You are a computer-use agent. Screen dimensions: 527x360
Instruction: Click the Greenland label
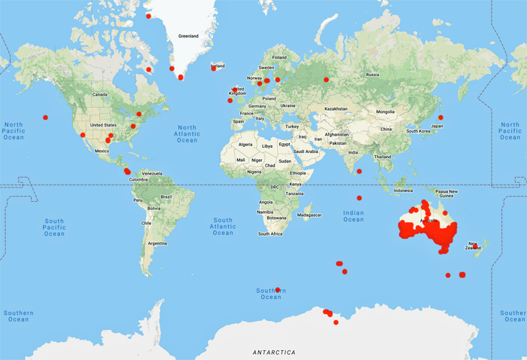coord(187,35)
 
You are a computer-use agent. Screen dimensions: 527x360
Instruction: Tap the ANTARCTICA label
coord(274,352)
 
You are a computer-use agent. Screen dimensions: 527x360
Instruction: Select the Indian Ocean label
coord(353,216)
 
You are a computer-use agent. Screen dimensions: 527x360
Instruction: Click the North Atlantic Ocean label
coord(187,134)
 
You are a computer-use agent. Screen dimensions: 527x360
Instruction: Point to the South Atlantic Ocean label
coord(223,227)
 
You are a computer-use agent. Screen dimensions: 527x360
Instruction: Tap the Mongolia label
coord(385,112)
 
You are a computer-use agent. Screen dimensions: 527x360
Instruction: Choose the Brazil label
coord(166,196)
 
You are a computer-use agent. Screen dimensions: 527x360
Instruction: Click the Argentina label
coord(157,243)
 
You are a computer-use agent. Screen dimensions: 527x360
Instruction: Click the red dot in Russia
coord(326,80)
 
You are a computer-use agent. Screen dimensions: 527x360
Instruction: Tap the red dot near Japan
coord(440,117)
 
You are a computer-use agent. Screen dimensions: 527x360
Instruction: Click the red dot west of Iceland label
coord(214,69)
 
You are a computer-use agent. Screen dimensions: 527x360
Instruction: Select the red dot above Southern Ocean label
coord(278,289)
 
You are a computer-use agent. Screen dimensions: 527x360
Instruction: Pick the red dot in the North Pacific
coord(45,117)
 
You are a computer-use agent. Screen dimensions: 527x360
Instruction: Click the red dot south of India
coord(359,172)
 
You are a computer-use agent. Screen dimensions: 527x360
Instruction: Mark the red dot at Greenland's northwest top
coord(148,16)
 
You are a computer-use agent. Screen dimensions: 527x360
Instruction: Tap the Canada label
coord(100,94)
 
